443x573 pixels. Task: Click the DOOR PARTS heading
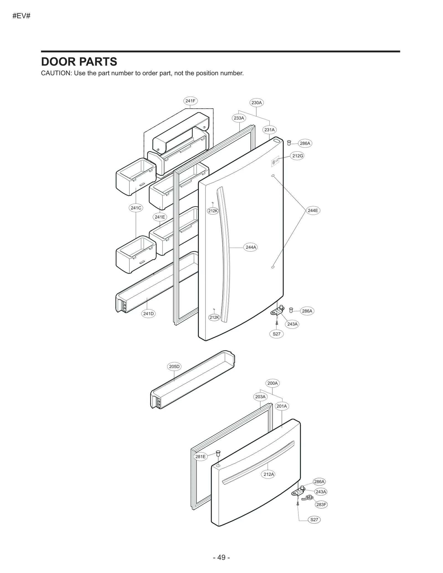79,62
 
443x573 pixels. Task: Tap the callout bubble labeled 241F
190,101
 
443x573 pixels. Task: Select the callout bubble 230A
256,103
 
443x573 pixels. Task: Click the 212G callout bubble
298,156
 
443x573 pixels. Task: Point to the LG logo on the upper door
275,162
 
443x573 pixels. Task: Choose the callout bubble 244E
313,211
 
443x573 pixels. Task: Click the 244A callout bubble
251,247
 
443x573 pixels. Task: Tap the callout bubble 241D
148,313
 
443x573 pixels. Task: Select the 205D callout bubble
174,367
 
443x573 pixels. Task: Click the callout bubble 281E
200,457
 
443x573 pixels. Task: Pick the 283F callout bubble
321,504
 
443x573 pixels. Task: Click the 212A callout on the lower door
269,474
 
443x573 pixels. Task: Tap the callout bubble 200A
272,383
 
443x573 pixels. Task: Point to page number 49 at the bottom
221,557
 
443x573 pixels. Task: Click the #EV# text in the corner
21,16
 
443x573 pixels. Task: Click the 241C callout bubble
136,208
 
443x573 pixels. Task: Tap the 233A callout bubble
239,118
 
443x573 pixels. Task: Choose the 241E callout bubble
160,217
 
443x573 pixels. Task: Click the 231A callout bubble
269,130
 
